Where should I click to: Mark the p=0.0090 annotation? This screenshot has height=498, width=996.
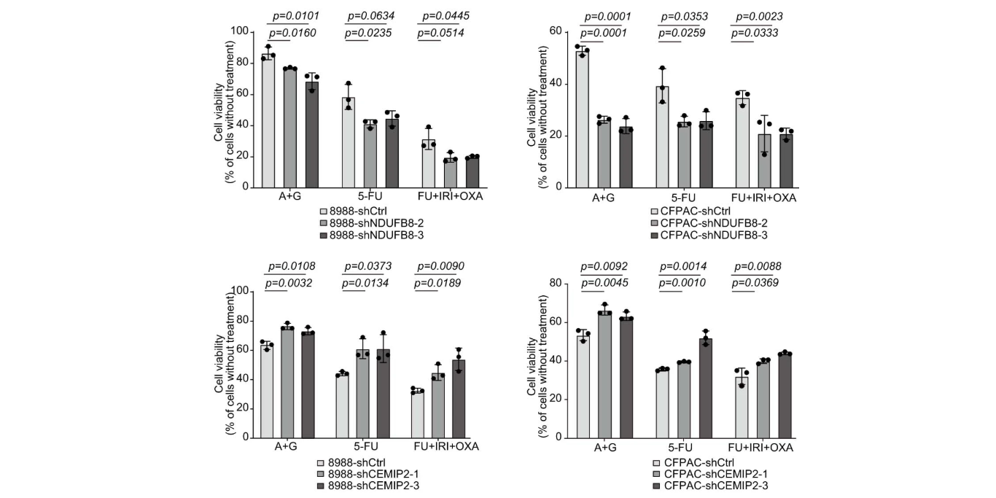[442, 266]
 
